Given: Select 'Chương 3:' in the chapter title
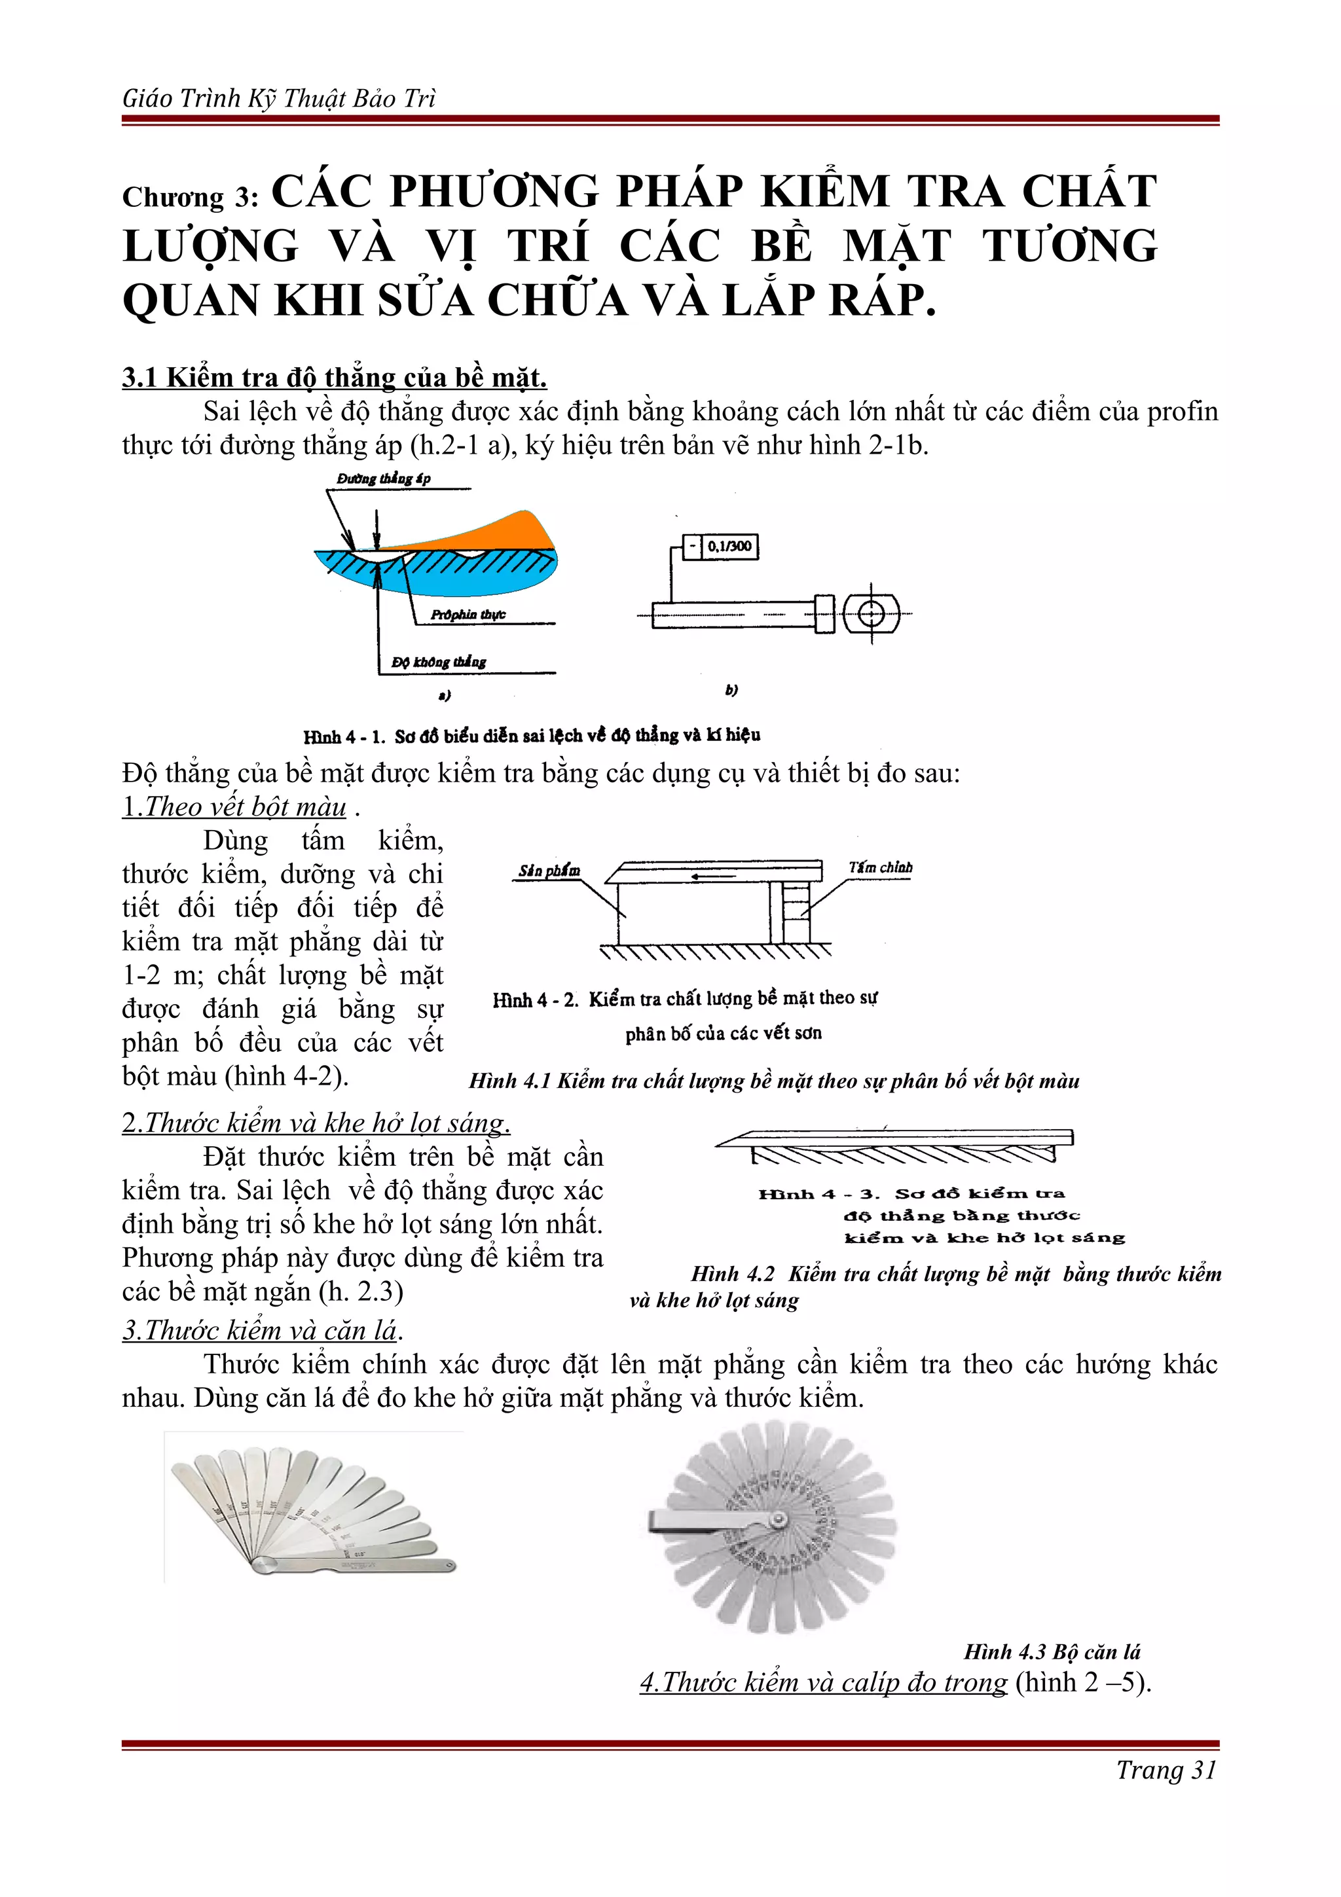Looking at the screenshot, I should pyautogui.click(x=191, y=196).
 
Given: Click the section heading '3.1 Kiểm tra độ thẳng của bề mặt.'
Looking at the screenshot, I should pyautogui.click(x=334, y=378).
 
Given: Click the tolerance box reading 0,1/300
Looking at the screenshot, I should pyautogui.click(x=729, y=546).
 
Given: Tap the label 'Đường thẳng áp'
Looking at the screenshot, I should pyautogui.click(x=384, y=479).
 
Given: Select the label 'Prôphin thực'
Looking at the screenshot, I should pyautogui.click(x=468, y=615).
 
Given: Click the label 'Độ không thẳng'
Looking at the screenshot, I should pyautogui.click(x=439, y=662).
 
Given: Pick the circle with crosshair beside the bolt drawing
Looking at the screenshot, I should pyautogui.click(x=871, y=614).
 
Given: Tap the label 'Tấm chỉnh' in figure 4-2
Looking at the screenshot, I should pyautogui.click(x=880, y=867).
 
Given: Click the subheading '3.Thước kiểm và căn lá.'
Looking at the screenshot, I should pyautogui.click(x=262, y=1329).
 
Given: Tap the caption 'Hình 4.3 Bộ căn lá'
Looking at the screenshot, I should pyautogui.click(x=1051, y=1652).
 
